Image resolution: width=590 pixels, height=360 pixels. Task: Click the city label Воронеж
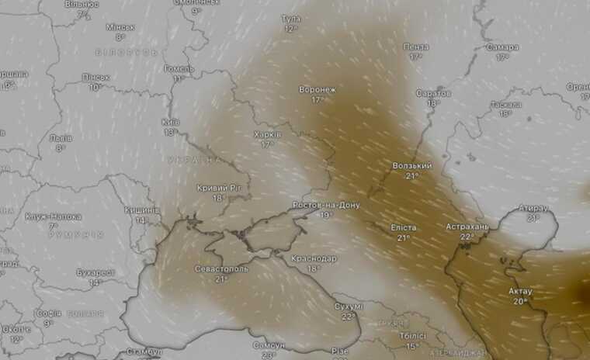(x=318, y=90)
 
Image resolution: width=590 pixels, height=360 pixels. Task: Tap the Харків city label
(x=267, y=134)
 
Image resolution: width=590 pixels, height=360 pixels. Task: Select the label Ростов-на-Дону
(x=326, y=205)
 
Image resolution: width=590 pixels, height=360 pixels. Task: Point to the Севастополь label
(x=221, y=268)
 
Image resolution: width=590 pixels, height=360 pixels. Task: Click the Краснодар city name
(x=314, y=258)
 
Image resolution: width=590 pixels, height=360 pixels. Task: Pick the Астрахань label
(x=467, y=227)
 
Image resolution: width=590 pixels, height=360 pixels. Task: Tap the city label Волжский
(x=412, y=166)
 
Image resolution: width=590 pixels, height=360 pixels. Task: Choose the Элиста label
(x=404, y=228)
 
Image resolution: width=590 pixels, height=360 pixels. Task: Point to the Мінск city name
(x=120, y=27)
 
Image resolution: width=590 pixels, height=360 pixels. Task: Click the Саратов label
(x=433, y=93)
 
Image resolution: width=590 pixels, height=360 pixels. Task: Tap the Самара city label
(x=502, y=47)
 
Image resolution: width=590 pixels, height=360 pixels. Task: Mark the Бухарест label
(x=95, y=272)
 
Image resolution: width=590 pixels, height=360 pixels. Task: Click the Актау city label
(x=519, y=291)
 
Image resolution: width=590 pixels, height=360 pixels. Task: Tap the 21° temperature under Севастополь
(x=221, y=279)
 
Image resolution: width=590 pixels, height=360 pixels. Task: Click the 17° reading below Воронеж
(x=318, y=100)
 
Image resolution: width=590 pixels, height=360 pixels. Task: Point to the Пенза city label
(x=416, y=47)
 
